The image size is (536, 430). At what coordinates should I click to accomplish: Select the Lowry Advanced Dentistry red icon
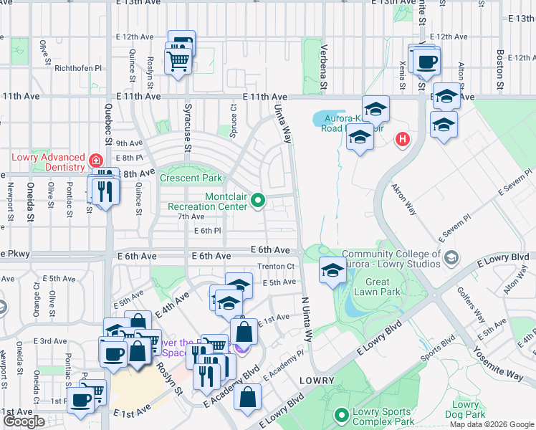95,159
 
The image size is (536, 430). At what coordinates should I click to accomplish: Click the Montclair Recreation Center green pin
257,200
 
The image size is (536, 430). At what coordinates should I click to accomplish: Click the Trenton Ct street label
275,266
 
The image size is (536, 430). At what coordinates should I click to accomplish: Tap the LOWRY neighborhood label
317,380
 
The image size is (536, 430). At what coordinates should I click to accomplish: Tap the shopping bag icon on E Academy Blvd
247,398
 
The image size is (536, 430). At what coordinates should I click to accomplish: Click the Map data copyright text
492,424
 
